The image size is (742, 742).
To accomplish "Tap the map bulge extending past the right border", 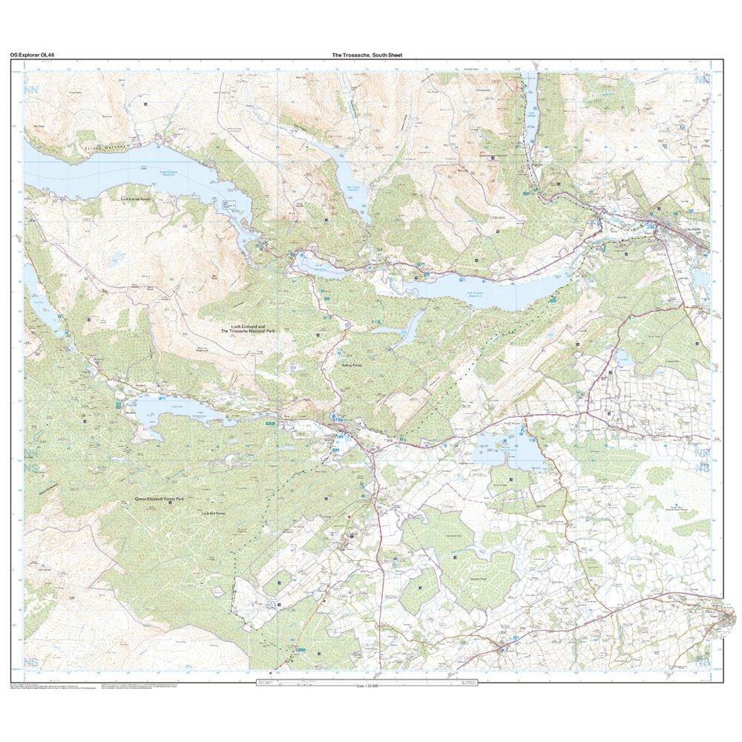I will point(727,616).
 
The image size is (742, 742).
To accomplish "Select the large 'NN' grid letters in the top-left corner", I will point(30,91).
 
